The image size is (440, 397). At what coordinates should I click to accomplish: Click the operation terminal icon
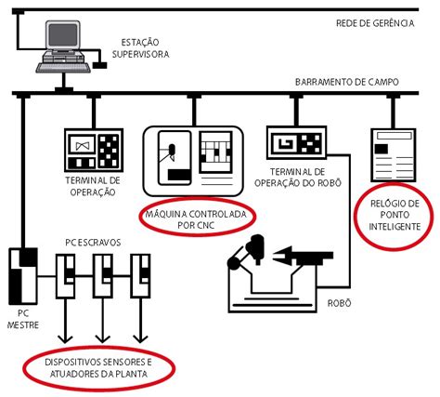94,148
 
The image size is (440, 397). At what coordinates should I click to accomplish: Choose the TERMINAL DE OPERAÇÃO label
93,185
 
